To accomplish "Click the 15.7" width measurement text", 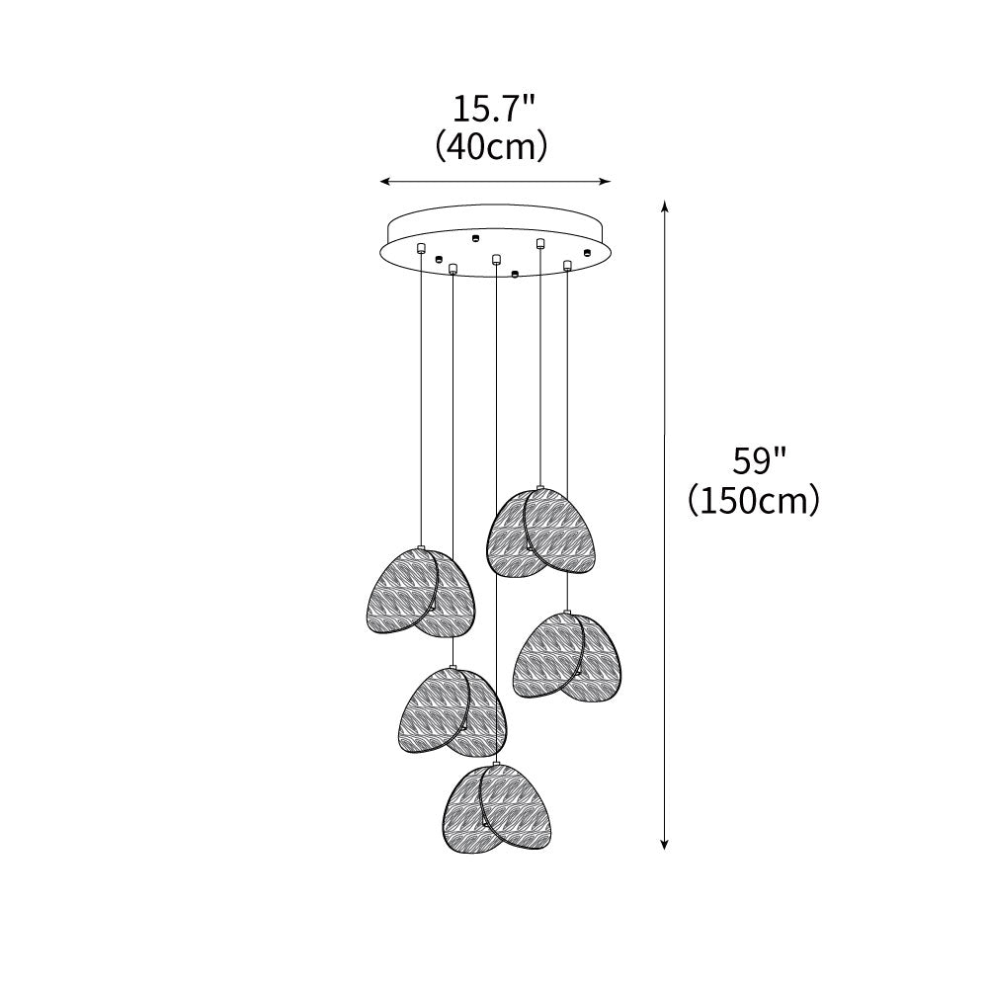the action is pyautogui.click(x=493, y=110).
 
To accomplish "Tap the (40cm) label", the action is pyautogui.click(x=491, y=147).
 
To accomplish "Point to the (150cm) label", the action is pyautogui.click(x=754, y=501).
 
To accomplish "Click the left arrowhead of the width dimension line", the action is pyautogui.click(x=383, y=182).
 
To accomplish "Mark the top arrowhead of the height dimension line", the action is pyautogui.click(x=664, y=206).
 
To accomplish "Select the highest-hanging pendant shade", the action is pyautogui.click(x=541, y=533).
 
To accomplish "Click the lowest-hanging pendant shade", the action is pyautogui.click(x=500, y=810).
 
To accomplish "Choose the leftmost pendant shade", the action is pyautogui.click(x=421, y=592).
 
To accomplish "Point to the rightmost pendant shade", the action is pyautogui.click(x=567, y=658).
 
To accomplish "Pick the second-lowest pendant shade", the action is pyautogui.click(x=453, y=713).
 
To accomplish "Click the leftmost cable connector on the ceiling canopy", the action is pyautogui.click(x=421, y=248).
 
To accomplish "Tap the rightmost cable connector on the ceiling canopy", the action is pyautogui.click(x=567, y=265).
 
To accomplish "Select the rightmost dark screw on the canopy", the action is pyautogui.click(x=587, y=253).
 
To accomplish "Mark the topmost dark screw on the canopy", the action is pyautogui.click(x=476, y=237).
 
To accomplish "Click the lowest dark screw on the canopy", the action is pyautogui.click(x=515, y=274).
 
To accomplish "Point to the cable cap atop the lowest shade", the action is pyautogui.click(x=497, y=764).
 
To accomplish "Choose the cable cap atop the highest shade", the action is pyautogui.click(x=539, y=488).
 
